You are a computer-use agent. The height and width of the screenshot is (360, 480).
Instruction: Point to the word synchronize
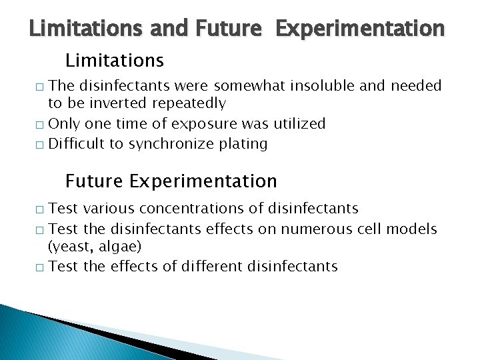click(174, 143)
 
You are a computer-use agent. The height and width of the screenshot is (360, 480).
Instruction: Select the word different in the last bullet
click(211, 267)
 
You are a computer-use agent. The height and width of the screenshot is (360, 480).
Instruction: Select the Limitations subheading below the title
click(114, 61)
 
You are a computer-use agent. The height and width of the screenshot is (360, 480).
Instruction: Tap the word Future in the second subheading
click(95, 181)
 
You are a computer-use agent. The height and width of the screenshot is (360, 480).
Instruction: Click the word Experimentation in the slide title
click(359, 29)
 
